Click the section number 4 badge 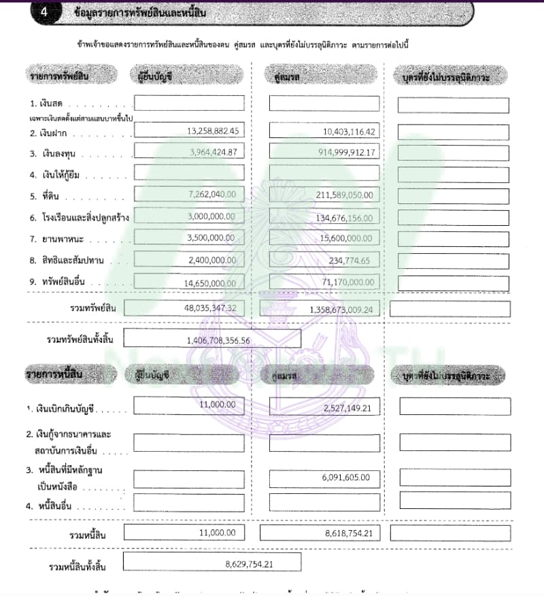[x=44, y=12]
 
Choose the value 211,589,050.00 [x=337, y=195]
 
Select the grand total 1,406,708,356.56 [x=218, y=340]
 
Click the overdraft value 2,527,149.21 [x=345, y=407]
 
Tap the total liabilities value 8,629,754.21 [x=249, y=563]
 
